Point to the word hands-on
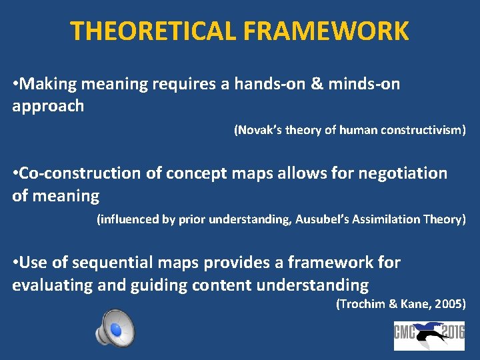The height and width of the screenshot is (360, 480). click(x=284, y=83)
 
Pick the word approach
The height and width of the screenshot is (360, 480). click(x=48, y=106)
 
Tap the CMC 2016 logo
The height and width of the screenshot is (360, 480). click(x=429, y=331)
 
